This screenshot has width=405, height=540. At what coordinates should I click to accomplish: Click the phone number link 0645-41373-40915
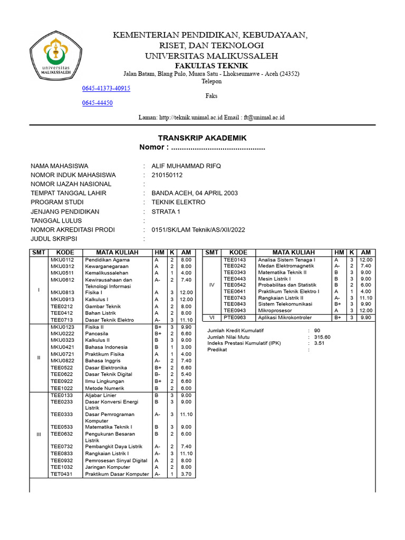click(x=106, y=88)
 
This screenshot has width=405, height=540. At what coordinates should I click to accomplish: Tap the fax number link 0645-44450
click(x=98, y=103)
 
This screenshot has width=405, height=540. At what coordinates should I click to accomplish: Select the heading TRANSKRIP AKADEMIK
click(x=202, y=138)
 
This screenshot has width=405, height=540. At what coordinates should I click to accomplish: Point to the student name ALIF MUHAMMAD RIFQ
click(x=186, y=166)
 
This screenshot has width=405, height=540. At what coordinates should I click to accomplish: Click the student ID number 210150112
click(x=167, y=175)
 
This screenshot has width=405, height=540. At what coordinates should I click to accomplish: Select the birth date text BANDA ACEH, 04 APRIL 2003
click(x=194, y=193)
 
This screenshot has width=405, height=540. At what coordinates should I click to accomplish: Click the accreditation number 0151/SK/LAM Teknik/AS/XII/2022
click(x=198, y=229)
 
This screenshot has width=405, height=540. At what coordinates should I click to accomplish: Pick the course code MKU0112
click(x=62, y=260)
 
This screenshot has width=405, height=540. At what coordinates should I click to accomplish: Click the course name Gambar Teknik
click(x=103, y=306)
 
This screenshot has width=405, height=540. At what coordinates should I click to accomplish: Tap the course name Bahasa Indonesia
click(x=106, y=347)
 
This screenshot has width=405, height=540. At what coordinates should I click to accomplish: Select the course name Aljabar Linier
click(x=101, y=395)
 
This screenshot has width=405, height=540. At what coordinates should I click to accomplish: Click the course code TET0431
click(x=62, y=474)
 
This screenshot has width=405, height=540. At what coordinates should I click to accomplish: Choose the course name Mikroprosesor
click(x=275, y=311)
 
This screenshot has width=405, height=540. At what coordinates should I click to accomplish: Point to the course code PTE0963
click(x=235, y=317)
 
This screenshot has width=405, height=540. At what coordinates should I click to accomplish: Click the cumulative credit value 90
click(x=316, y=330)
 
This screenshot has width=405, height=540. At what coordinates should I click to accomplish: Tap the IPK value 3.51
click(x=319, y=343)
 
